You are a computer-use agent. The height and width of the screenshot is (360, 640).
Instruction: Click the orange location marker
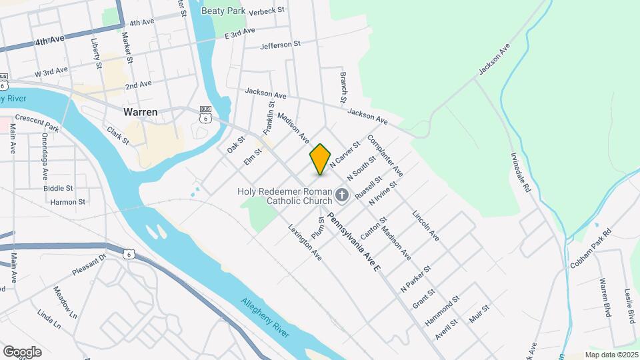tap(321, 159)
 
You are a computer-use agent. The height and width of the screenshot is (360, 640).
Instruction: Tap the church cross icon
tap(342, 195)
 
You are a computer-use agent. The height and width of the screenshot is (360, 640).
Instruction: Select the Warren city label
tap(141, 112)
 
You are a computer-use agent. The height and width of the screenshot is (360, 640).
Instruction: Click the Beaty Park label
tap(222, 11)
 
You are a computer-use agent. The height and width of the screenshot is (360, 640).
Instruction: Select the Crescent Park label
tap(37, 123)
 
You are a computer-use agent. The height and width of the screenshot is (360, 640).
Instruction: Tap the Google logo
tap(22, 351)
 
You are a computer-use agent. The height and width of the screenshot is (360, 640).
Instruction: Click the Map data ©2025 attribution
tap(611, 355)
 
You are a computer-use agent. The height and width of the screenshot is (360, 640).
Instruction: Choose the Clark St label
tap(117, 136)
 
